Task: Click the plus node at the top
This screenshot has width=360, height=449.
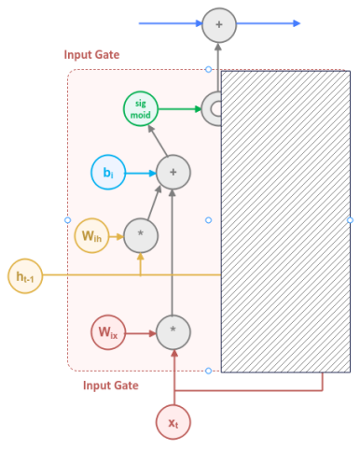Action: pyautogui.click(x=219, y=23)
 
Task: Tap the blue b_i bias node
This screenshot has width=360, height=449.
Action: pyautogui.click(x=107, y=173)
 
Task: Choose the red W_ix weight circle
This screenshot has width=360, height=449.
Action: pyautogui.click(x=108, y=331)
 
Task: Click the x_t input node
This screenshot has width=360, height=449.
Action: pyautogui.click(x=173, y=421)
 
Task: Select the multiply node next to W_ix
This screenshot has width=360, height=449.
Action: pyautogui.click(x=173, y=331)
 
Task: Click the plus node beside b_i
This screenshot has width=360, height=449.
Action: pyautogui.click(x=173, y=173)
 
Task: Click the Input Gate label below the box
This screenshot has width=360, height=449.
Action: pyautogui.click(x=111, y=385)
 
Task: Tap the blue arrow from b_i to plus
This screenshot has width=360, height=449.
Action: pyautogui.click(x=139, y=173)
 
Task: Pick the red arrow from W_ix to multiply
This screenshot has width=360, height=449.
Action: pyautogui.click(x=140, y=331)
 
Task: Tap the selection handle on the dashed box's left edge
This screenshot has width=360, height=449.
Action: pyautogui.click(x=67, y=220)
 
